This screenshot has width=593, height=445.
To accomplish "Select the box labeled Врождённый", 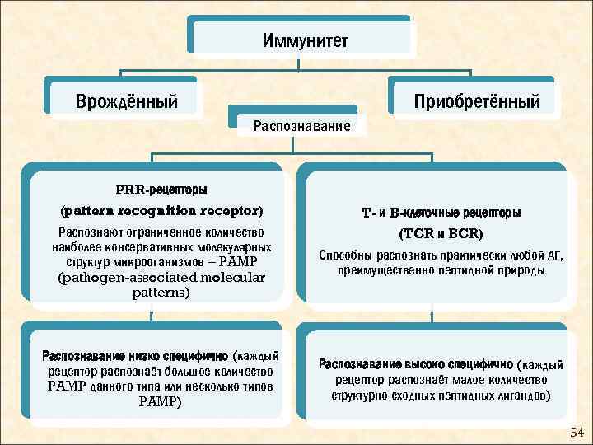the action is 127,102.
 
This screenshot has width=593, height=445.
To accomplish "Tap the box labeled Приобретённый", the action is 477,102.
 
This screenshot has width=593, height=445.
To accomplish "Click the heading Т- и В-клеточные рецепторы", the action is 441,213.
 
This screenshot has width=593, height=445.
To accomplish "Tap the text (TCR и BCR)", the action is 441,233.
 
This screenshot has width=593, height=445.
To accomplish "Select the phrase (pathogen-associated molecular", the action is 161,277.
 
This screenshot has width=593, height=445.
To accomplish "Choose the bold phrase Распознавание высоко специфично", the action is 415,364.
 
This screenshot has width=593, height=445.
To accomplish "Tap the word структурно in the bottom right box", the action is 358,395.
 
